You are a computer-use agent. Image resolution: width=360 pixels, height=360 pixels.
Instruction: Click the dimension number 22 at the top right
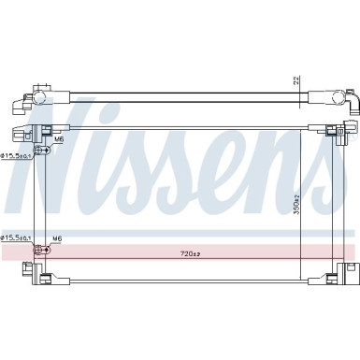(298, 81)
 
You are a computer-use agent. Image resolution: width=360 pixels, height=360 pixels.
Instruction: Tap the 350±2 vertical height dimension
(298, 204)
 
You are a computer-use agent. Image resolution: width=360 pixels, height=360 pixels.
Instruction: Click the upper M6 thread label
(57, 139)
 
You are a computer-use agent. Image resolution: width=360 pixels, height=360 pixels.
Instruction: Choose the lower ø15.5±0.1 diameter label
(17, 238)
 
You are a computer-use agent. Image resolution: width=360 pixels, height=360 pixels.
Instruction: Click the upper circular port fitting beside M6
(40, 150)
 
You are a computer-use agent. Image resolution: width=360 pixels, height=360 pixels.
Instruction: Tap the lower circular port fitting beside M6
(40, 250)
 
